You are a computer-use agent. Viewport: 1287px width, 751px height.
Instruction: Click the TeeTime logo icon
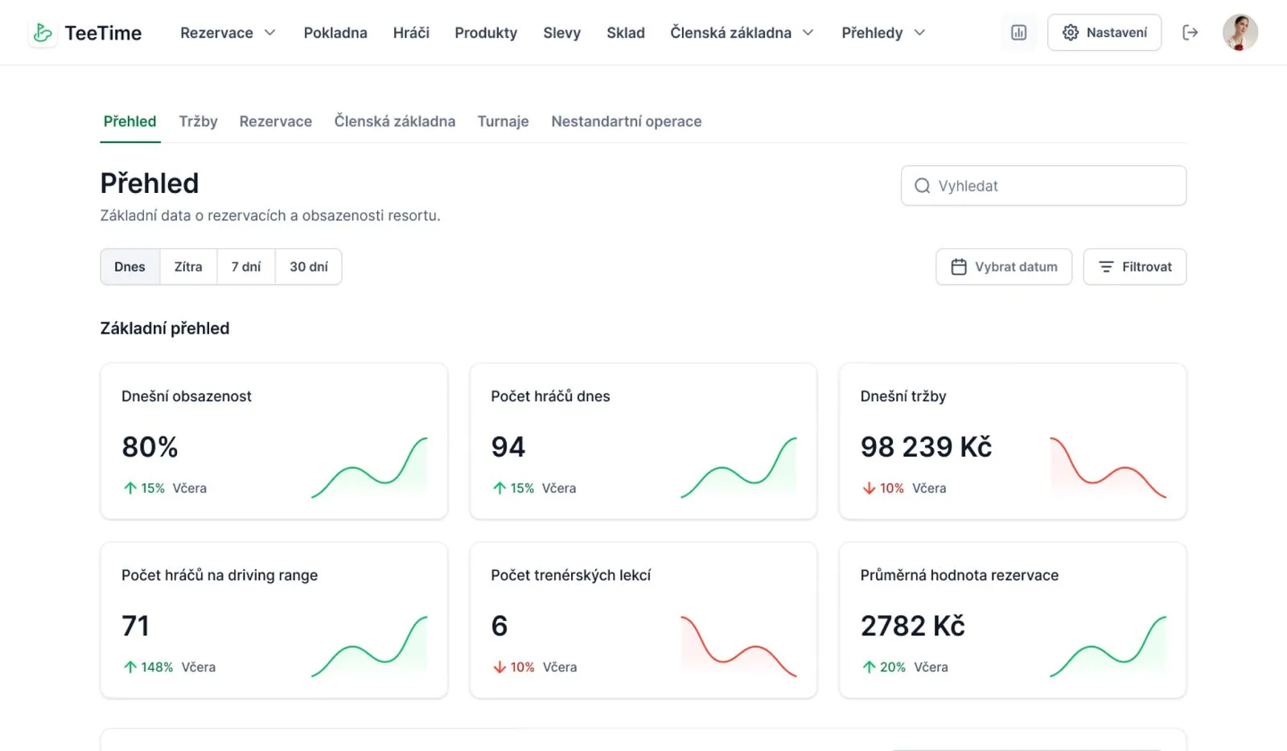pyautogui.click(x=43, y=33)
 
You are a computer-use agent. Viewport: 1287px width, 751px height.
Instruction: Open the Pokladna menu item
pyautogui.click(x=335, y=33)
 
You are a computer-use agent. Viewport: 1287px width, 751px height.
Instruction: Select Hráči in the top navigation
pyautogui.click(x=411, y=33)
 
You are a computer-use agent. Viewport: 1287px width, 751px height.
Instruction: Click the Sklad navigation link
pyautogui.click(x=626, y=33)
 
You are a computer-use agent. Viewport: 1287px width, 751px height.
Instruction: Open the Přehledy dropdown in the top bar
pyautogui.click(x=883, y=33)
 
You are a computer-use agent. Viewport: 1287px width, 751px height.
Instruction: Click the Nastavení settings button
pyautogui.click(x=1104, y=33)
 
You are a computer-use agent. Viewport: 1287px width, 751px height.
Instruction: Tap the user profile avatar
pyautogui.click(x=1240, y=33)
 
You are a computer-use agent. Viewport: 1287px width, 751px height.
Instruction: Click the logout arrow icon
pyautogui.click(x=1190, y=33)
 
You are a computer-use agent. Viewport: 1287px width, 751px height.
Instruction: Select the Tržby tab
pyautogui.click(x=198, y=121)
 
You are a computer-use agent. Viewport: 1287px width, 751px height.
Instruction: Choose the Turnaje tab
pyautogui.click(x=503, y=121)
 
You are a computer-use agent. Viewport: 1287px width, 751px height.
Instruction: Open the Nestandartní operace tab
pyautogui.click(x=627, y=121)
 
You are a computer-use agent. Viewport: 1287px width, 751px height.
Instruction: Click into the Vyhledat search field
pyautogui.click(x=1043, y=186)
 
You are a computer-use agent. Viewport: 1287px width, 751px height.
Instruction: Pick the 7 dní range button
pyautogui.click(x=246, y=266)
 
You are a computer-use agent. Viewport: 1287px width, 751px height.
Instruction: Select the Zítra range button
pyautogui.click(x=188, y=266)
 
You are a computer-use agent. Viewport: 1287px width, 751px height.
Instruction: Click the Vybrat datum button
pyautogui.click(x=1004, y=266)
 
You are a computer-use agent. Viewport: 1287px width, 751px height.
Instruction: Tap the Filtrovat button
pyautogui.click(x=1135, y=266)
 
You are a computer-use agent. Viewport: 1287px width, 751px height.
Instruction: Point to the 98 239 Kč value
pyautogui.click(x=926, y=447)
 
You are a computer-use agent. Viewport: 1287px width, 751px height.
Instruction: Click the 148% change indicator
pyautogui.click(x=148, y=667)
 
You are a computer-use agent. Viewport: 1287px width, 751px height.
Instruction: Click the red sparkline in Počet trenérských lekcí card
pyautogui.click(x=739, y=646)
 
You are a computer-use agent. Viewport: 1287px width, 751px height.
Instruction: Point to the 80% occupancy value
pyautogui.click(x=150, y=447)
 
